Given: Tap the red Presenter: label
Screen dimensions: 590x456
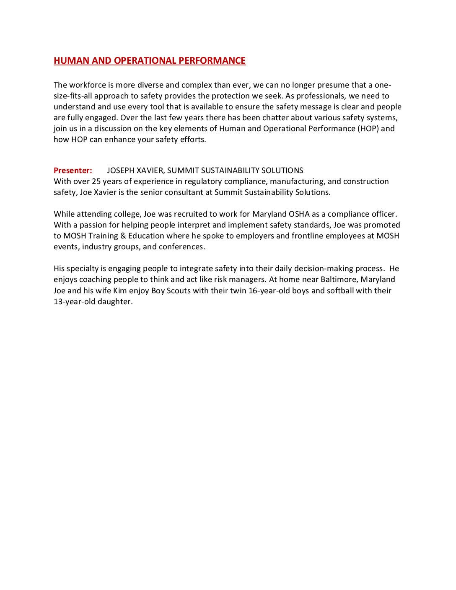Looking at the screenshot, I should [73, 171].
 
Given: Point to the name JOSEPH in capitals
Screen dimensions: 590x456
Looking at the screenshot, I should [121, 171].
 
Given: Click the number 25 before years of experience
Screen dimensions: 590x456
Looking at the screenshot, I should [96, 181].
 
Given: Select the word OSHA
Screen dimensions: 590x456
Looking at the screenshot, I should [299, 214].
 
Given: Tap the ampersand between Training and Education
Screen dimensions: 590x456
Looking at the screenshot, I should [123, 236].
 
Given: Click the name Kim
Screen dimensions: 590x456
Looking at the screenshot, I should [120, 291].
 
